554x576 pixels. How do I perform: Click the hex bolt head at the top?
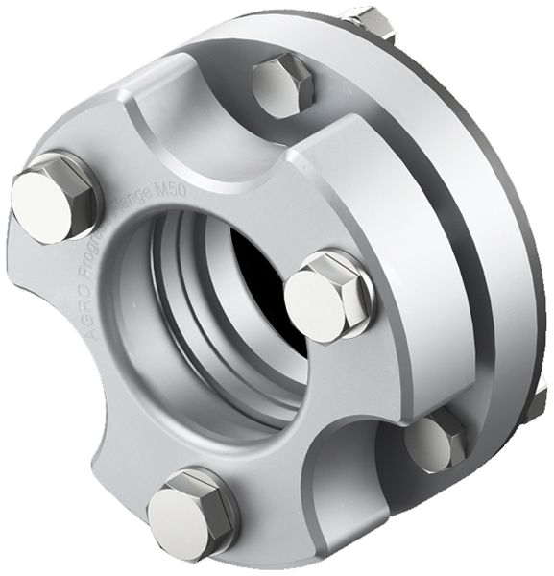tap(285, 84)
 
